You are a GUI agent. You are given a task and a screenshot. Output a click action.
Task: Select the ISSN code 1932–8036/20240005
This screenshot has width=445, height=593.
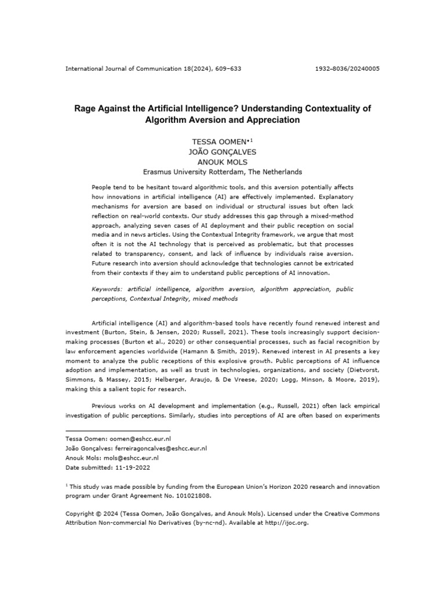(346, 68)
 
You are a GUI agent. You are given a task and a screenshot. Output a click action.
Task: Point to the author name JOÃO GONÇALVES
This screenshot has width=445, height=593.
(222, 151)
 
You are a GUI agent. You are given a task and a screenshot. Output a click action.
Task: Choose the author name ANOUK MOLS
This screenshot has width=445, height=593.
(222, 162)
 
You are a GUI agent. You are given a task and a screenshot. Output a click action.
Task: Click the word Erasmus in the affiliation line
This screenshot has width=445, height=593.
(156, 172)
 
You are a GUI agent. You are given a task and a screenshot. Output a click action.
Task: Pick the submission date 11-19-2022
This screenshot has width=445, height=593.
(133, 466)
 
